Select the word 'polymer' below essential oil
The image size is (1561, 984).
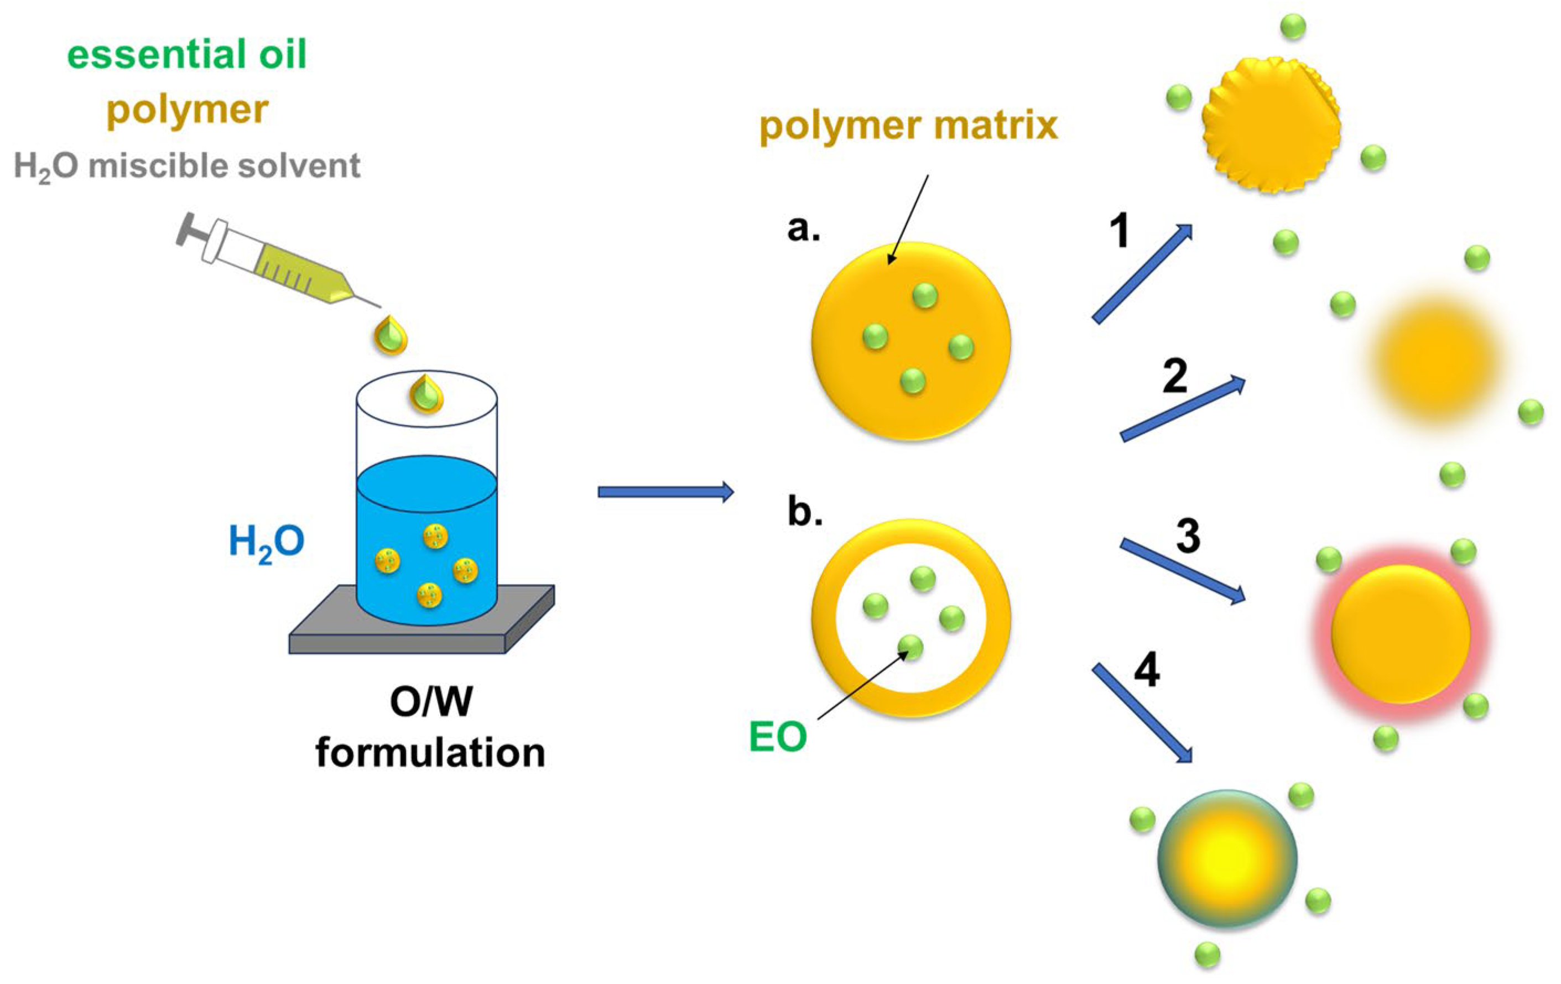click(188, 110)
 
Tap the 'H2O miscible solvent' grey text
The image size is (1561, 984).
click(187, 166)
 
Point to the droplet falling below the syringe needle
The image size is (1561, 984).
click(391, 335)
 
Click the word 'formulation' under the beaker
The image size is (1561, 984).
click(430, 753)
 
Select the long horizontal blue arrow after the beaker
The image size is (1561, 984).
click(665, 492)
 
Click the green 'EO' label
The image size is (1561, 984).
click(777, 737)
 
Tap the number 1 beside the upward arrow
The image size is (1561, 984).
click(1119, 231)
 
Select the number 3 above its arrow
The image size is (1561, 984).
click(1188, 537)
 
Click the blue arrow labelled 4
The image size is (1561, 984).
click(1142, 714)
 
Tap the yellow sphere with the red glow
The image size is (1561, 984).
click(1400, 634)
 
